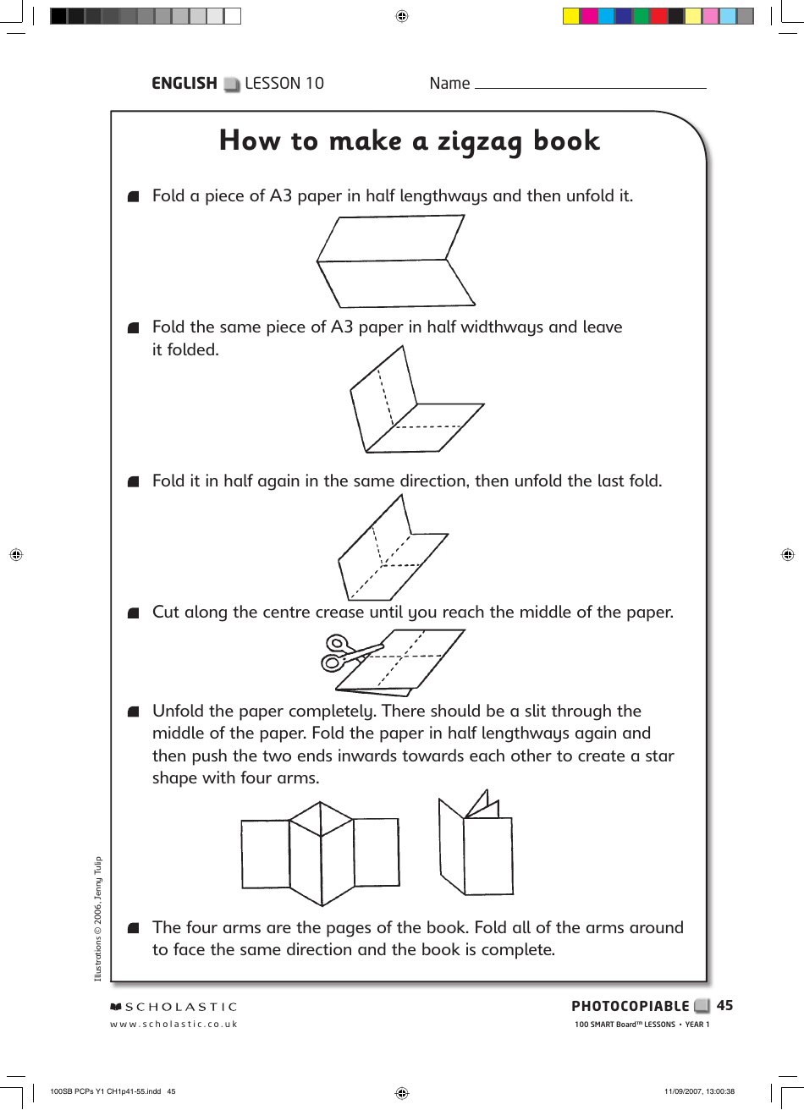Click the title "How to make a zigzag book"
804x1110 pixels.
[x=409, y=140]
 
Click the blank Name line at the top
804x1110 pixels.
[x=590, y=85]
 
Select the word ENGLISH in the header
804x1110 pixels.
[x=184, y=83]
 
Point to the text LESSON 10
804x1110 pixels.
[x=284, y=83]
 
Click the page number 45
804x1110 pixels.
[x=724, y=1005]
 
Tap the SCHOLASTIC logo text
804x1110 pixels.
[x=173, y=1007]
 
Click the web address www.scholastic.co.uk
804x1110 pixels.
[x=173, y=1024]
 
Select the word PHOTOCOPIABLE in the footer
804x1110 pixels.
[x=630, y=1006]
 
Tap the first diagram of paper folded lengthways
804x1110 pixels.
[x=396, y=261]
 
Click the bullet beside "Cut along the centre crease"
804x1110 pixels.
[x=132, y=613]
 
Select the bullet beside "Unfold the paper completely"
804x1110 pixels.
[x=132, y=712]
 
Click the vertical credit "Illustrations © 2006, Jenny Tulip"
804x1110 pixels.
[x=98, y=918]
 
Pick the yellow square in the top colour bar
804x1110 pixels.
[x=571, y=15]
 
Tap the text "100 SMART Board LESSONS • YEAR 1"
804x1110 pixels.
[x=642, y=1025]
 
